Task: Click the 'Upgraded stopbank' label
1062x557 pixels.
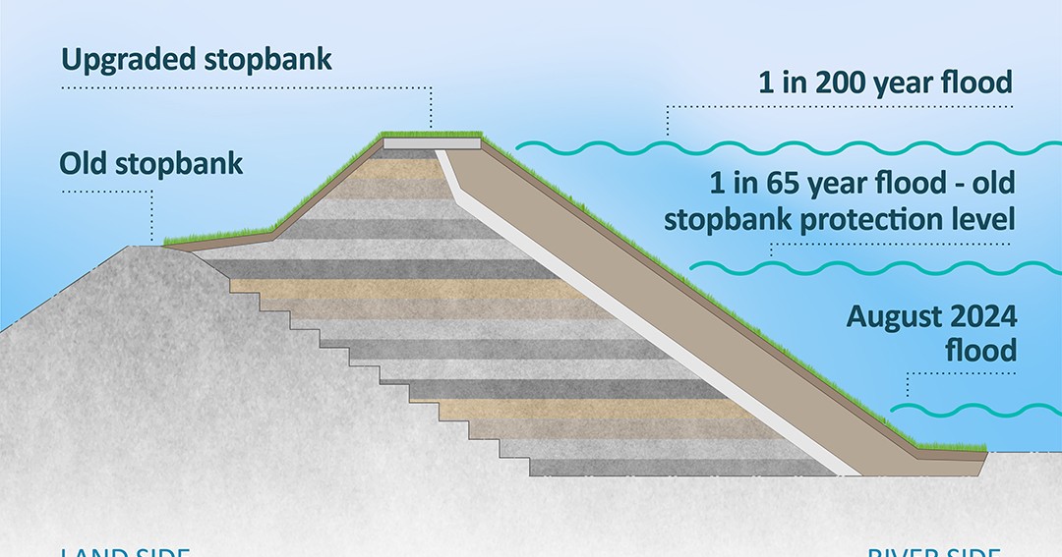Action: tap(197, 59)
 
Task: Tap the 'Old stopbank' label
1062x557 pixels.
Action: tap(150, 163)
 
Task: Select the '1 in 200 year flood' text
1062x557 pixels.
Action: tap(885, 83)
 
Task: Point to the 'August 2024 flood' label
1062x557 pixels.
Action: tap(931, 333)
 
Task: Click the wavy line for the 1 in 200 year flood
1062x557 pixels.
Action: tap(787, 148)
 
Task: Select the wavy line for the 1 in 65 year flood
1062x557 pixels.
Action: tap(875, 265)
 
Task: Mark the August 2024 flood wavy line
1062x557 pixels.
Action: tap(973, 410)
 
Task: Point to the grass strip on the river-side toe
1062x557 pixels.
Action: tap(950, 448)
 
